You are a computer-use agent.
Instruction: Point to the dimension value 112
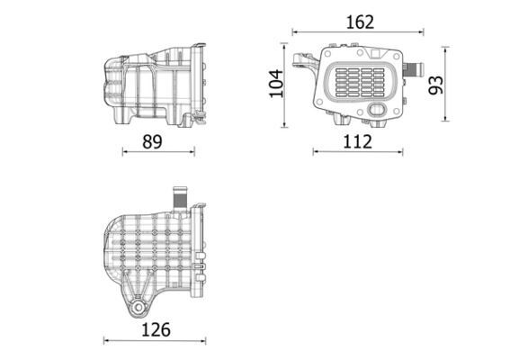point(357,140)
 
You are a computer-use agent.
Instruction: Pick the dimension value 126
point(157,329)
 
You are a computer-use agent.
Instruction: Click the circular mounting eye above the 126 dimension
point(137,307)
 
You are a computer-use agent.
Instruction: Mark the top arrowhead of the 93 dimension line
point(447,49)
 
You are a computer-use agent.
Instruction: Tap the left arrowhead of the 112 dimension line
point(316,151)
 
